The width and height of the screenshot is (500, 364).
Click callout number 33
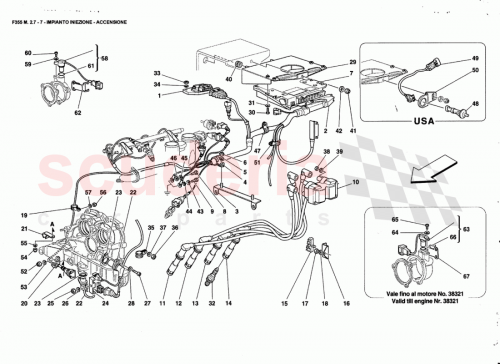point(156,75)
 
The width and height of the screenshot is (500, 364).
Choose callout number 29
point(350,63)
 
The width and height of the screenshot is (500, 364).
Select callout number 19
point(23,215)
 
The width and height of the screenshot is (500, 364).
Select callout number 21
point(23,228)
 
